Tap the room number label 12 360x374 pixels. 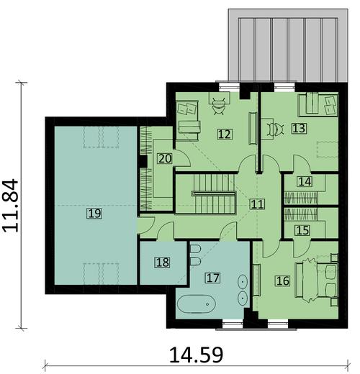[x=225, y=133]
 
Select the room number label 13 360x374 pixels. [x=300, y=129]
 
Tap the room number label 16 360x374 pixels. [x=282, y=280]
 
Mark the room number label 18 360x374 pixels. [x=163, y=262]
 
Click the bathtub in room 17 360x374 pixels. [x=197, y=305]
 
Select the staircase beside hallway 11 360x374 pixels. [x=206, y=194]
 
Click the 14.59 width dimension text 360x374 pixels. [x=195, y=355]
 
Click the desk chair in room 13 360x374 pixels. [x=274, y=129]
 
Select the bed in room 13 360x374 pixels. [x=318, y=105]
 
